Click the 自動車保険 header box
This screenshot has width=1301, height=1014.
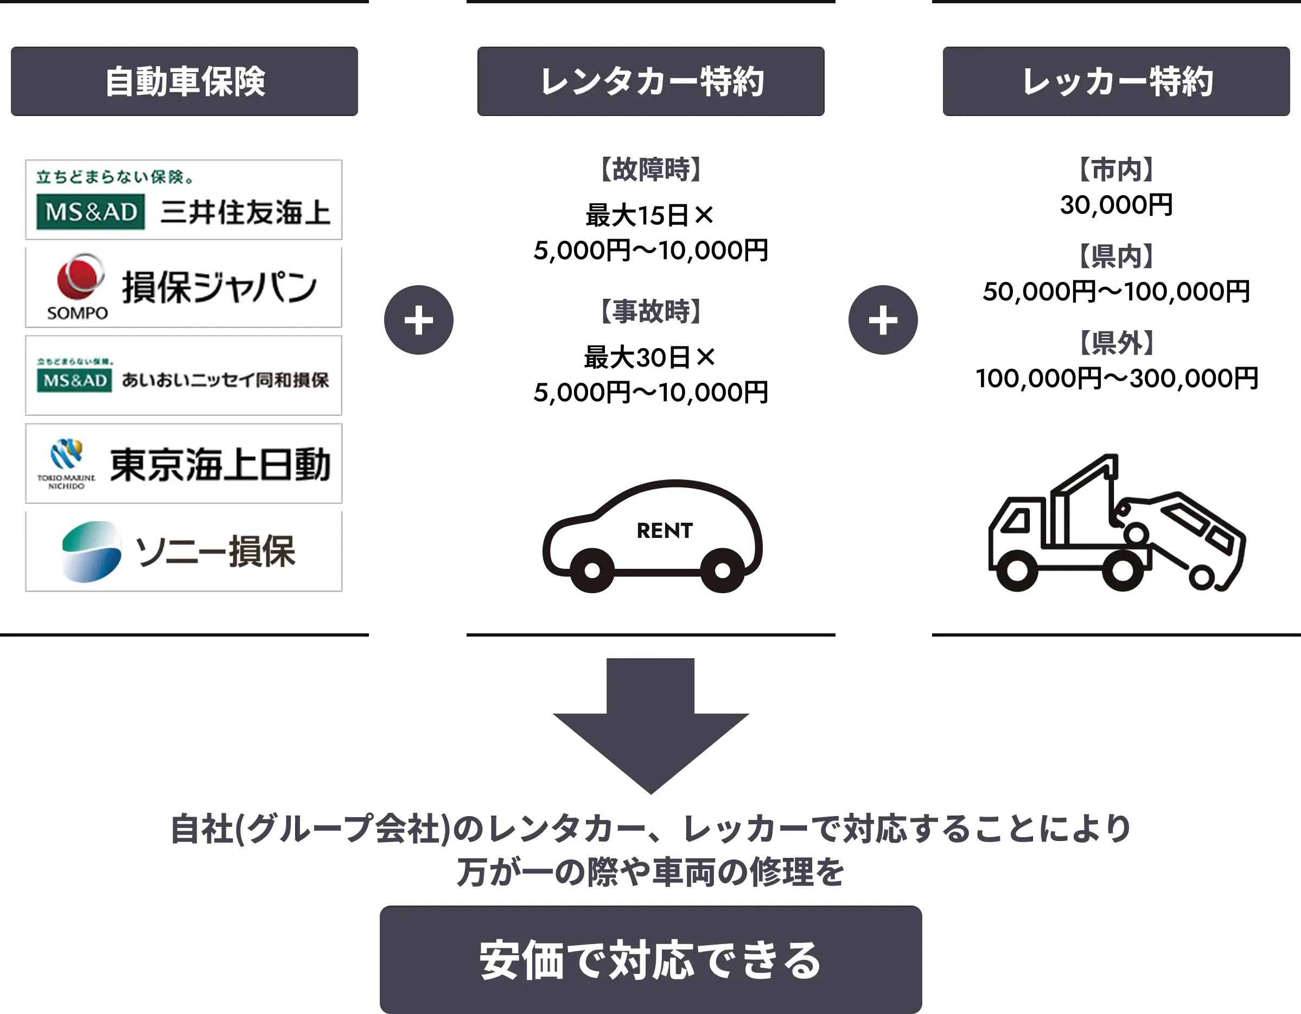(184, 81)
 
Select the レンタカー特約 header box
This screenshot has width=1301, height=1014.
(651, 81)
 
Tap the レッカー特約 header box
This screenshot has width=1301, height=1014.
(1118, 81)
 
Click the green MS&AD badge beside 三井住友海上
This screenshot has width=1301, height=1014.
(91, 211)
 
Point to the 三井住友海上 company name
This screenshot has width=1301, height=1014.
(245, 213)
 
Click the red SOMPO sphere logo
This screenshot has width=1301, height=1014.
(79, 278)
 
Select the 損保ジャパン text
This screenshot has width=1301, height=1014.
(219, 287)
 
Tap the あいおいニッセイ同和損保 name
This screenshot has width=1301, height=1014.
(225, 380)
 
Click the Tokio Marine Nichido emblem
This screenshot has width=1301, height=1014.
(66, 455)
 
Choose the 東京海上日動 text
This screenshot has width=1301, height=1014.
(220, 464)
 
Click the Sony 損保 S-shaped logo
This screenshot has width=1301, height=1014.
(91, 551)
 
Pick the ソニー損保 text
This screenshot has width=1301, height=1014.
(215, 552)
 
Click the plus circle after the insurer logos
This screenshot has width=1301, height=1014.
(419, 320)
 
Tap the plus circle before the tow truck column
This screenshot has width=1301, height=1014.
(883, 320)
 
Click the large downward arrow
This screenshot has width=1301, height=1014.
(651, 727)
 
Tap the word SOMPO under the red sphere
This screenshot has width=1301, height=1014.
(78, 313)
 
